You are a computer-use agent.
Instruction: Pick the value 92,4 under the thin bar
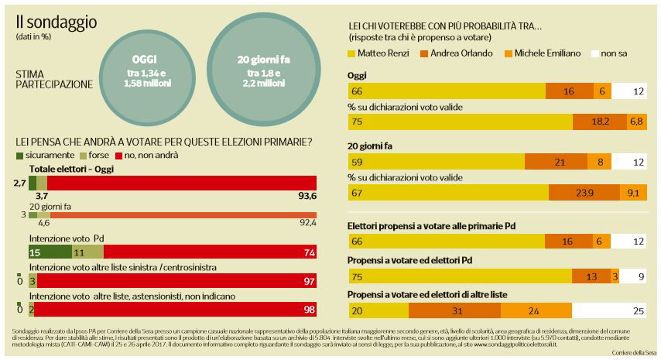(307, 223)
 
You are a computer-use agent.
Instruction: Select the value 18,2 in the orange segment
(600, 122)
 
